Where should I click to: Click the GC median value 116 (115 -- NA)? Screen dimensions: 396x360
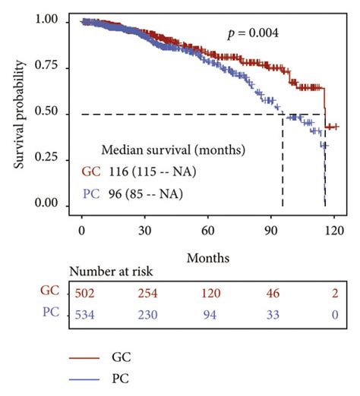coord(148,171)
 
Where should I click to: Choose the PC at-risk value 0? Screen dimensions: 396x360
coord(331,313)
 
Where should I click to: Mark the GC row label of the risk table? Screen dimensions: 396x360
coord(49,291)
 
